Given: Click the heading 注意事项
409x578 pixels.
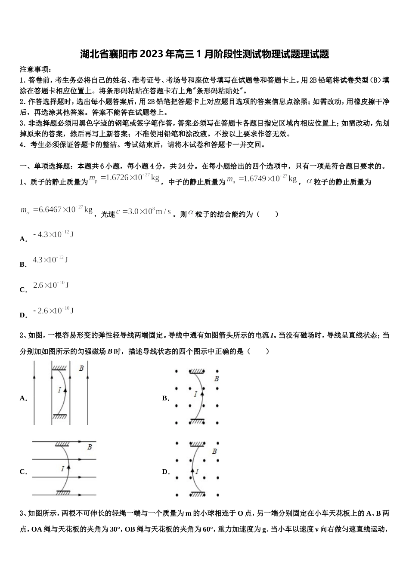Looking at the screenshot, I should (x=35, y=69).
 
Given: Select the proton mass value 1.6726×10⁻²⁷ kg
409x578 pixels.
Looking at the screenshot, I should (x=124, y=178).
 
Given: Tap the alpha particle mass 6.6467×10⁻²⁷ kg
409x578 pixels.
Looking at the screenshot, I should (x=57, y=210).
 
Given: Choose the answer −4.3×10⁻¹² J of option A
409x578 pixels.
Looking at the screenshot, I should (x=53, y=234).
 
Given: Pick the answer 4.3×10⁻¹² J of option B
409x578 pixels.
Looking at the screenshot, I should (x=50, y=260).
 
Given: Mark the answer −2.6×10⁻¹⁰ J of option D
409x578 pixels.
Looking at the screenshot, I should (x=53, y=311).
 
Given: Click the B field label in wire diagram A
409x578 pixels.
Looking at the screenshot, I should (x=81, y=368).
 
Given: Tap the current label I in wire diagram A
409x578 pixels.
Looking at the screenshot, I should (x=59, y=390).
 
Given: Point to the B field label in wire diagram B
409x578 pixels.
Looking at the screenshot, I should (x=217, y=378).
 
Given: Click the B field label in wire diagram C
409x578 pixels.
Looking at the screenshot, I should (x=90, y=447).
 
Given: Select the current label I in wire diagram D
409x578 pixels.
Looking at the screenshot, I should (x=197, y=471).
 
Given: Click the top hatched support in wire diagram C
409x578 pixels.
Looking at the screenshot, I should (x=63, y=443).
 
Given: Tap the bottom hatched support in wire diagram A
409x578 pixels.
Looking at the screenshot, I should (x=59, y=416).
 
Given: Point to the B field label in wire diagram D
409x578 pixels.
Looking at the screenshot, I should (x=214, y=452).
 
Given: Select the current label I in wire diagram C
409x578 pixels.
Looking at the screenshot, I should (x=63, y=468).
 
